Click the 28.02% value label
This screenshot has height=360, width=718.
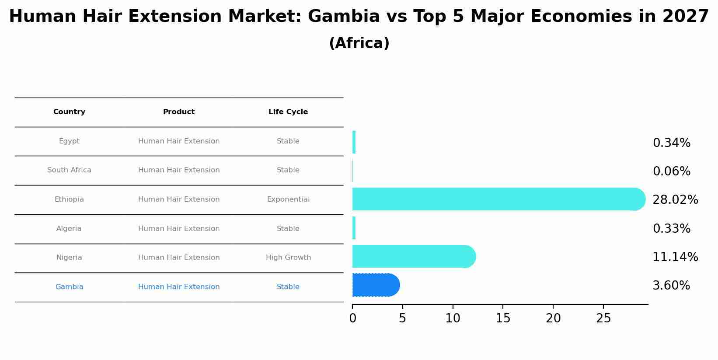click(x=675, y=200)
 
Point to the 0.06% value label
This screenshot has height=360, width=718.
click(x=671, y=171)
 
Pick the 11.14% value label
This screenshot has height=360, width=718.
click(x=675, y=257)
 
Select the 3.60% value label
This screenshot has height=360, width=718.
click(x=671, y=286)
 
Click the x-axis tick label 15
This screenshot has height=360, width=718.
click(x=503, y=319)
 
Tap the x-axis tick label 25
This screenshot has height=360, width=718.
click(x=603, y=319)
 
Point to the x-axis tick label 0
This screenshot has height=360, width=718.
click(x=352, y=319)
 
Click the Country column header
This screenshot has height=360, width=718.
click(x=69, y=112)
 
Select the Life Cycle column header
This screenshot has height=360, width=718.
click(x=288, y=112)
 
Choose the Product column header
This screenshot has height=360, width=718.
click(x=179, y=112)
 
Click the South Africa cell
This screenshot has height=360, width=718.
click(x=69, y=170)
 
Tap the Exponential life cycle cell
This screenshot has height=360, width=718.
click(x=288, y=199)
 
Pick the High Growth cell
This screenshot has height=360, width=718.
click(x=288, y=258)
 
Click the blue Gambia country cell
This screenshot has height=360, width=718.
click(x=69, y=287)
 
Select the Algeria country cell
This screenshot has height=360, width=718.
click(x=69, y=229)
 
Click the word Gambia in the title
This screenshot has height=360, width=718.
click(x=344, y=17)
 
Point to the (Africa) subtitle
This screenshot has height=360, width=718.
click(x=359, y=43)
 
